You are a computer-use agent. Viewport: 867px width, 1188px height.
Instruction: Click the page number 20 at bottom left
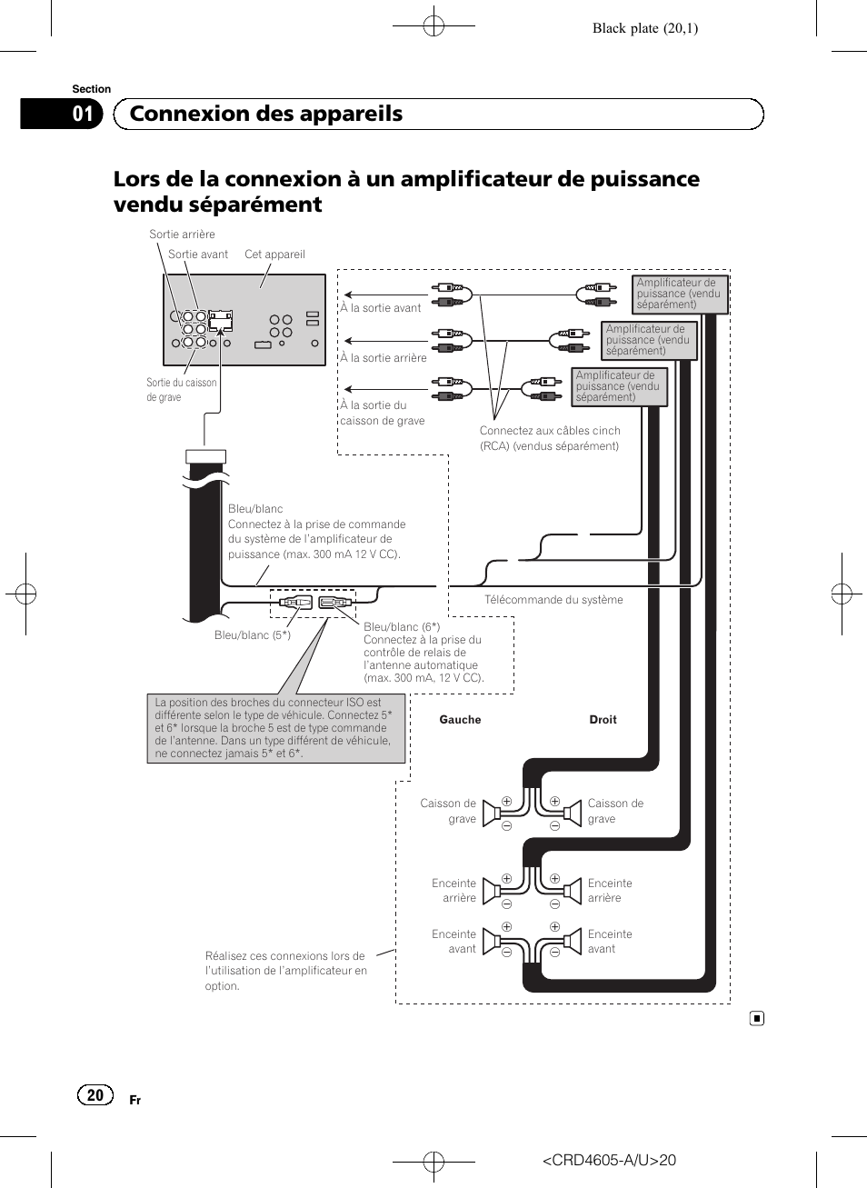(95, 1095)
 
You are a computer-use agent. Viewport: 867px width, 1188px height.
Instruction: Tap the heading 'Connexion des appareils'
(266, 114)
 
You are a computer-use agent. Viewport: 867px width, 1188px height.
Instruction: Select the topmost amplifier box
(679, 294)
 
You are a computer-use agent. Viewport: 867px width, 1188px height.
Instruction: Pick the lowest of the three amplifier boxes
(619, 386)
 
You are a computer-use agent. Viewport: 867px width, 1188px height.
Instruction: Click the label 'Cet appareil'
(274, 255)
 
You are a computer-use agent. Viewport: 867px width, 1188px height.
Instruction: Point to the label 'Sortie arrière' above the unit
(182, 235)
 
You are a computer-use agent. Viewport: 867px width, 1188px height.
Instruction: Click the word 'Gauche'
(460, 720)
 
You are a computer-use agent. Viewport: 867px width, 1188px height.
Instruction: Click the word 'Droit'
(603, 720)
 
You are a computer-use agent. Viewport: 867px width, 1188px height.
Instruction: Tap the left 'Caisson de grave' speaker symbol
(492, 812)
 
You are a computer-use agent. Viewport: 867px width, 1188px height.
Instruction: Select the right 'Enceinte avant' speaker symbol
(572, 942)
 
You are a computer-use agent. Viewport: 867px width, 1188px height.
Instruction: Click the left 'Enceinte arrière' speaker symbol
(492, 891)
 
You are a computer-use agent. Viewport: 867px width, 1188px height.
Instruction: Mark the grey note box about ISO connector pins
(275, 728)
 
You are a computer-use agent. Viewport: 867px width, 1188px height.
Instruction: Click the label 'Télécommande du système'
(553, 600)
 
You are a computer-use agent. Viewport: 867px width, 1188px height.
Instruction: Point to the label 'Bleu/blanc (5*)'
(253, 635)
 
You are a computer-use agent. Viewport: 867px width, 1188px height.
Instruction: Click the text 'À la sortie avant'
(381, 308)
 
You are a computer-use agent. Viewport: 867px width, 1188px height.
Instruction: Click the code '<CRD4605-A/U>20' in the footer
(609, 1160)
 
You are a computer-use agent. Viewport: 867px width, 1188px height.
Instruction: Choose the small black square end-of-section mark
(757, 1018)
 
